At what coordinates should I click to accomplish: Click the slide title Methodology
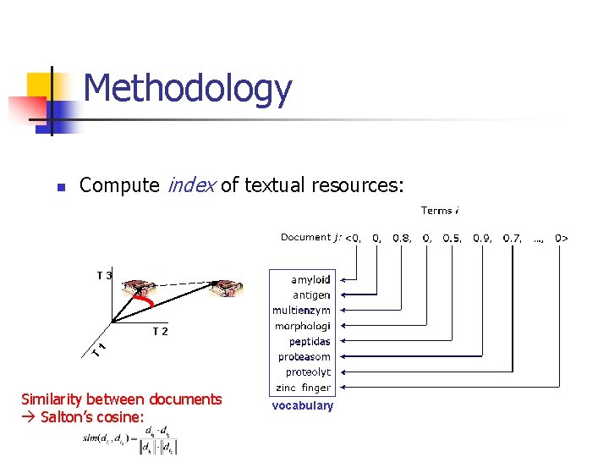coord(188,88)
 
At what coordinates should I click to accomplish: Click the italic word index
coord(193,184)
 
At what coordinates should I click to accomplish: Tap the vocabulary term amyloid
coord(310,280)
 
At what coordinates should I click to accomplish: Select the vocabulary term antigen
coord(311,295)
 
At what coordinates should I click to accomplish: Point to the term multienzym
coord(301,311)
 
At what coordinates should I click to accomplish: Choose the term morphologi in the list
coord(302,326)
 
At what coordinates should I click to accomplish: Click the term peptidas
coord(310,342)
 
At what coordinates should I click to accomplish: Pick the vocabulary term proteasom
coord(304,357)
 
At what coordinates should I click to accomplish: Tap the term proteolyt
coord(308,372)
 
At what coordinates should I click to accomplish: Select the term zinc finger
coord(304,388)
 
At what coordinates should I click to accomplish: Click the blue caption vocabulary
coord(302,405)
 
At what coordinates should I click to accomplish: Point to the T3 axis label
coord(104,275)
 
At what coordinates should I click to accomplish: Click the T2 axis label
coord(160,331)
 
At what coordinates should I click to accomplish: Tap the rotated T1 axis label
coord(99,348)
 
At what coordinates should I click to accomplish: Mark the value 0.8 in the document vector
coord(401,238)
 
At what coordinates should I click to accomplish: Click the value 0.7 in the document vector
coord(512,238)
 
